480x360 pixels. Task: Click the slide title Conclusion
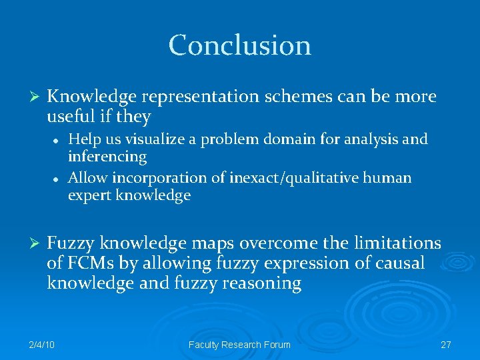tap(239, 45)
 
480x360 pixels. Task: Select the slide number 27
tap(446, 345)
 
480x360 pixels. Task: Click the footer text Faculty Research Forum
tap(239, 345)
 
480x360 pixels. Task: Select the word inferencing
tap(107, 157)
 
